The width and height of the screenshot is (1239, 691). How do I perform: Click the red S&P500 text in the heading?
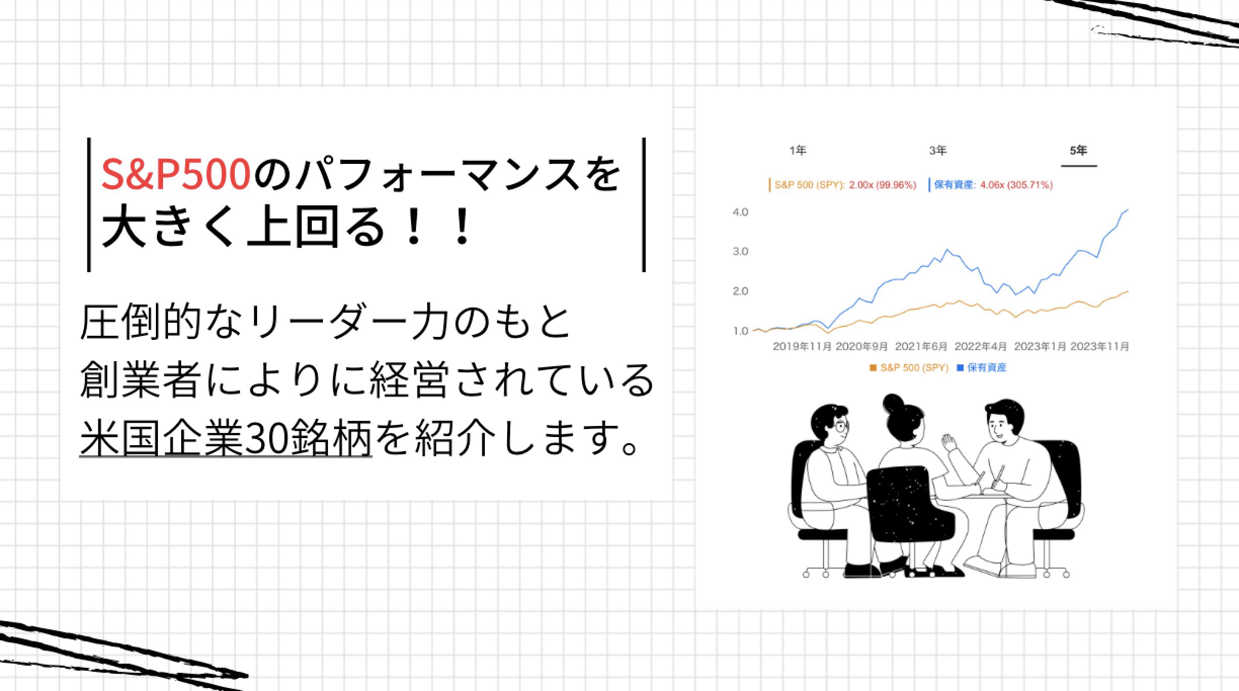pyautogui.click(x=176, y=174)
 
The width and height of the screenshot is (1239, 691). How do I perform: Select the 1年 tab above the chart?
pyautogui.click(x=798, y=150)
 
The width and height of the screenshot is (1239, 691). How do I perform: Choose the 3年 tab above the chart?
pyautogui.click(x=938, y=150)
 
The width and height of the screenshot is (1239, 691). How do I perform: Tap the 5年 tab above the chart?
pyautogui.click(x=1079, y=150)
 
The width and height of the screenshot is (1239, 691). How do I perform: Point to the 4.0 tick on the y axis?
pyautogui.click(x=740, y=212)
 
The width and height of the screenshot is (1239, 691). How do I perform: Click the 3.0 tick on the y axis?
pyautogui.click(x=740, y=251)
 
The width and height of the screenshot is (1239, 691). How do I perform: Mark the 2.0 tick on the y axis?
pyautogui.click(x=740, y=291)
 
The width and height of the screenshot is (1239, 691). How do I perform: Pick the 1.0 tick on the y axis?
pyautogui.click(x=740, y=331)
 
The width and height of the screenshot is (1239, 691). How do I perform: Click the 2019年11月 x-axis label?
pyautogui.click(x=802, y=347)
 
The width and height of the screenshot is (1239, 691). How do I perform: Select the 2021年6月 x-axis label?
pyautogui.click(x=921, y=347)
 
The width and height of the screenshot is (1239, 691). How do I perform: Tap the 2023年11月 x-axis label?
pyautogui.click(x=1099, y=347)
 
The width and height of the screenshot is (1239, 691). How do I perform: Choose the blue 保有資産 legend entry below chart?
pyautogui.click(x=981, y=368)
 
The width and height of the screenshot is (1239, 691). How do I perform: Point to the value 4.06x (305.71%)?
pyautogui.click(x=1016, y=185)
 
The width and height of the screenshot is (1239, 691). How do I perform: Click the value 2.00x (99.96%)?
pyautogui.click(x=883, y=185)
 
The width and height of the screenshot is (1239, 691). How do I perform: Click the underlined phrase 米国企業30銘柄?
pyautogui.click(x=226, y=438)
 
